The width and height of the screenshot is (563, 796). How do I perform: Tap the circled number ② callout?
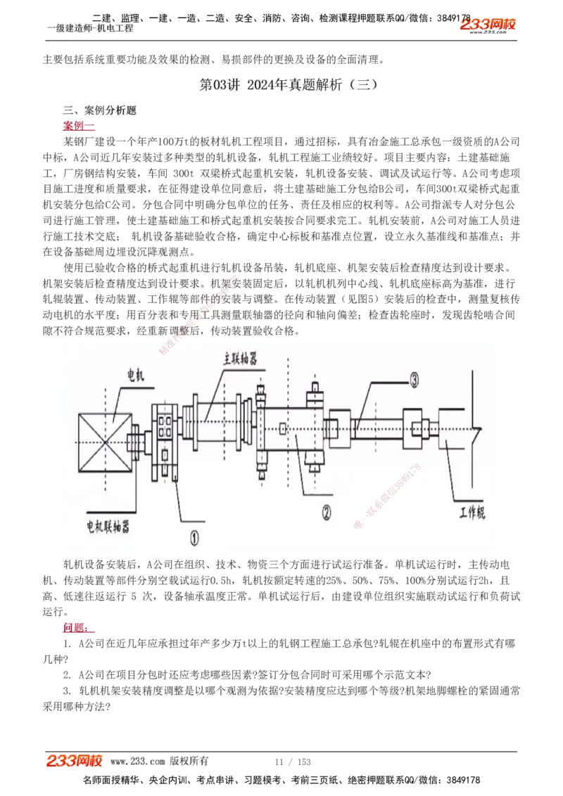[326, 512]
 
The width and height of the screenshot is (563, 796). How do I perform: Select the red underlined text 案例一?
[78, 125]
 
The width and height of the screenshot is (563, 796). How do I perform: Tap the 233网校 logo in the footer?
[75, 761]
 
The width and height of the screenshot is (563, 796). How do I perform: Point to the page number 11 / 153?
[292, 762]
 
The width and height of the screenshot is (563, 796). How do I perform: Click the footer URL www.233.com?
[138, 762]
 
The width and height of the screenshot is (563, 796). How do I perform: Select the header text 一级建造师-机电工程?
[89, 28]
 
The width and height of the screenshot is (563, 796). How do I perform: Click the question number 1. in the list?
[67, 643]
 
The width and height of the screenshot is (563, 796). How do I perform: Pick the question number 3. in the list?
[67, 691]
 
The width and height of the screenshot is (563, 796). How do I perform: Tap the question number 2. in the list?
[67, 675]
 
